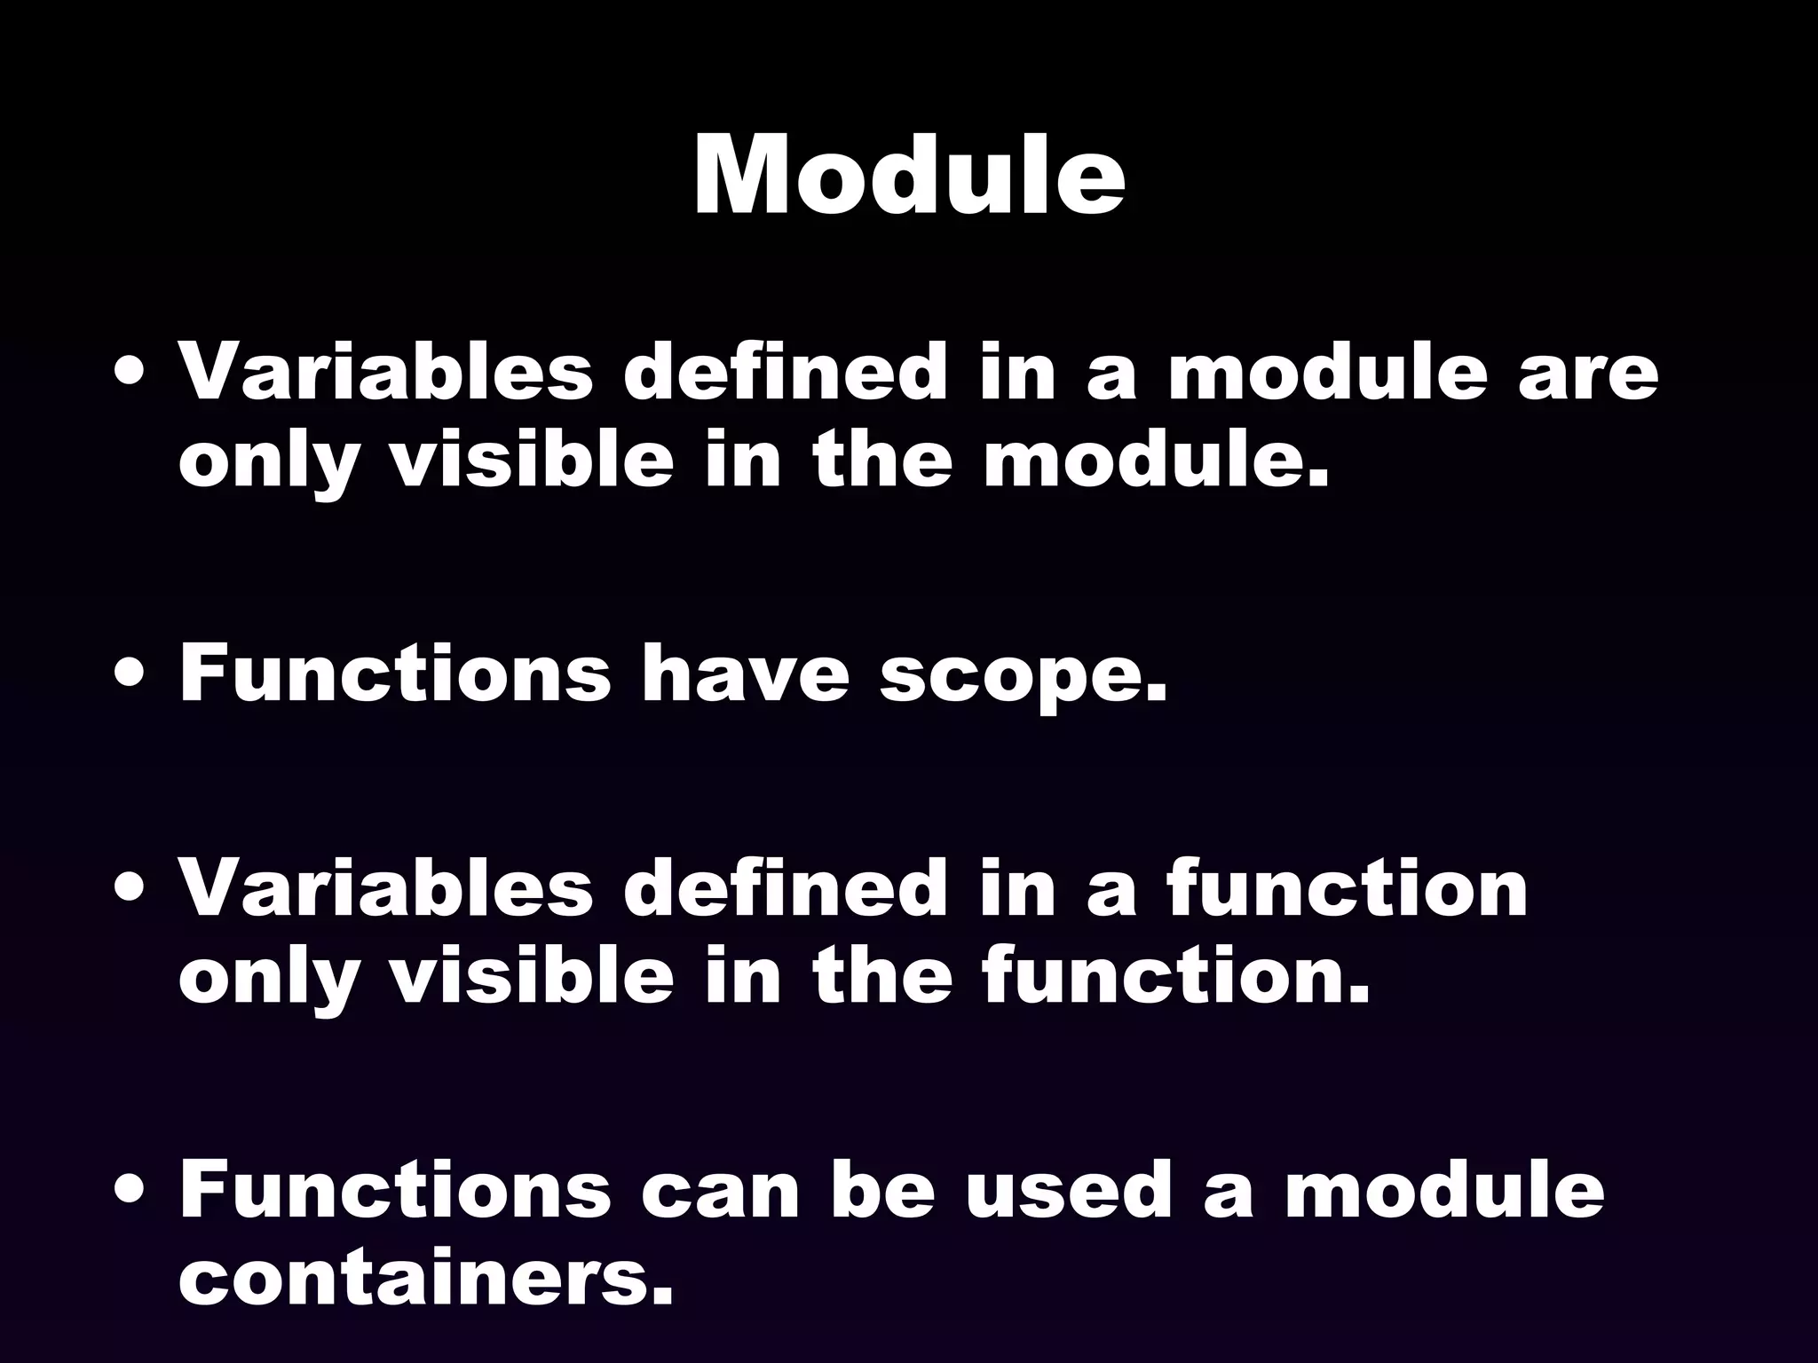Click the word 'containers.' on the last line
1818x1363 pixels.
425,1279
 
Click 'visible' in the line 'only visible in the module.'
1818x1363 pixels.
533,461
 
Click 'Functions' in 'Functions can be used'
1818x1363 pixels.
395,1190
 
